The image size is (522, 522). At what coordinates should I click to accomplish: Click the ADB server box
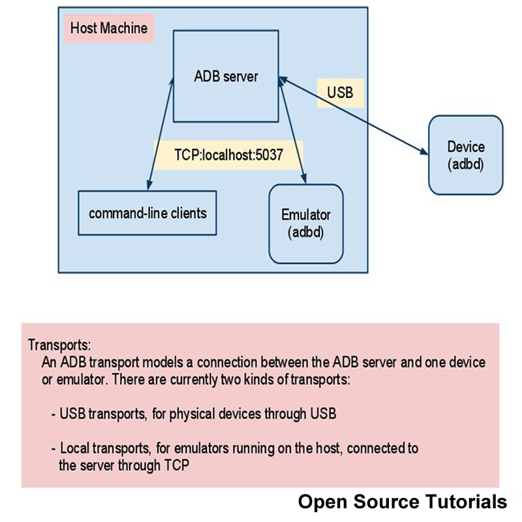click(226, 76)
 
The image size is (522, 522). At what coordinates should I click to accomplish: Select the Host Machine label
click(109, 29)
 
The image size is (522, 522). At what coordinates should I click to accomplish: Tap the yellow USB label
click(340, 92)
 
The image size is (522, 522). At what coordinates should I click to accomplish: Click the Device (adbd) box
click(466, 155)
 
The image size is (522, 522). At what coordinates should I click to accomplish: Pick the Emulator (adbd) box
click(306, 223)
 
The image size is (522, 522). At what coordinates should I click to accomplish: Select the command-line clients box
click(147, 213)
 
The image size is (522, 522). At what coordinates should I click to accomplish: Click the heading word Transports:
click(59, 345)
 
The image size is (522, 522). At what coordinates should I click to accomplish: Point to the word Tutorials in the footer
click(466, 502)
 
